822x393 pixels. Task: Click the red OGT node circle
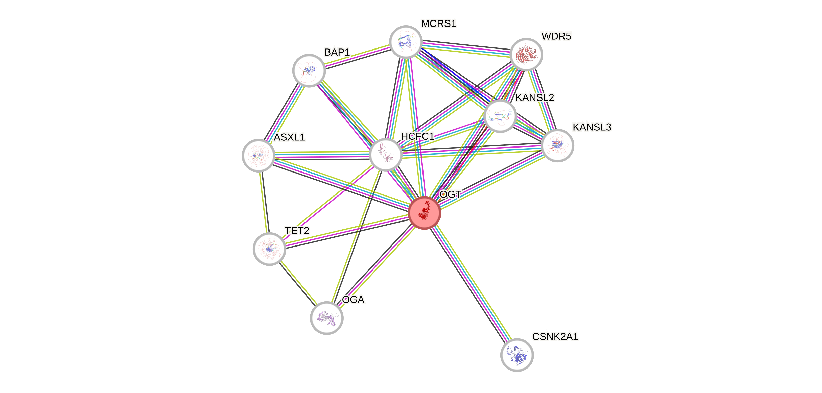[x=425, y=212]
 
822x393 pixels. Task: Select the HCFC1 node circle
[x=385, y=155]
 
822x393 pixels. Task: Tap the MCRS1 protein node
[x=406, y=42]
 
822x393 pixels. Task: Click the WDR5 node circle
[x=526, y=54]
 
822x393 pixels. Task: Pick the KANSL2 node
[x=500, y=116]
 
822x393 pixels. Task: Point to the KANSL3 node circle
[x=557, y=145]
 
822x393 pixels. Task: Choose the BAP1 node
[x=309, y=70]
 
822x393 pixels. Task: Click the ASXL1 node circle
[x=259, y=155]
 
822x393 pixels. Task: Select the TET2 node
[x=269, y=249]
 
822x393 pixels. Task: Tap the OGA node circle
[x=326, y=318]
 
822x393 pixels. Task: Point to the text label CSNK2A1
[x=555, y=336]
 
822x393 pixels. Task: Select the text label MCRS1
[x=438, y=23]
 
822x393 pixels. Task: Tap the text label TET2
[x=297, y=231]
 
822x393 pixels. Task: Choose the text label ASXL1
[x=289, y=137]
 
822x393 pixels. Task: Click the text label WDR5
[x=556, y=37]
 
